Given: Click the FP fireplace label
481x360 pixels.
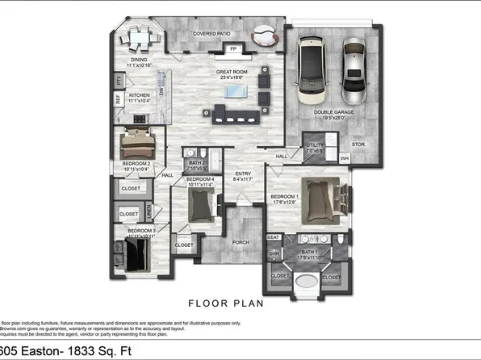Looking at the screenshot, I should click(233, 49).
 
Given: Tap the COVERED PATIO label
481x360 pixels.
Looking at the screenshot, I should click(213, 34).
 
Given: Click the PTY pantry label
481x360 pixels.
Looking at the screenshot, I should click(119, 81).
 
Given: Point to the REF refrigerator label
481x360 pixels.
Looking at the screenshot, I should click(119, 100).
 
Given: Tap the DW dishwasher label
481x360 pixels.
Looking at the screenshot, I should click(161, 93).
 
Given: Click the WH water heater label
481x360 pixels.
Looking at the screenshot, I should click(345, 157).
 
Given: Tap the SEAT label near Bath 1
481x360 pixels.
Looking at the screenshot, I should click(273, 237).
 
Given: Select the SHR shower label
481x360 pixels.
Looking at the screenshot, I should click(273, 253).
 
